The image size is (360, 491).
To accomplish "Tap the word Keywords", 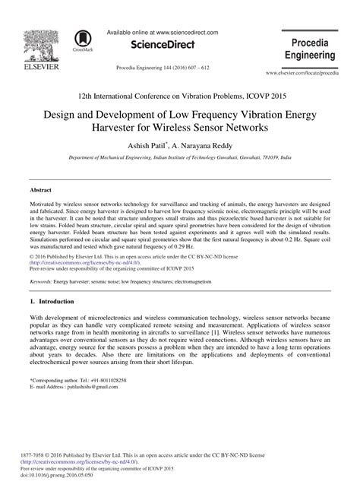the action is (40, 280).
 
